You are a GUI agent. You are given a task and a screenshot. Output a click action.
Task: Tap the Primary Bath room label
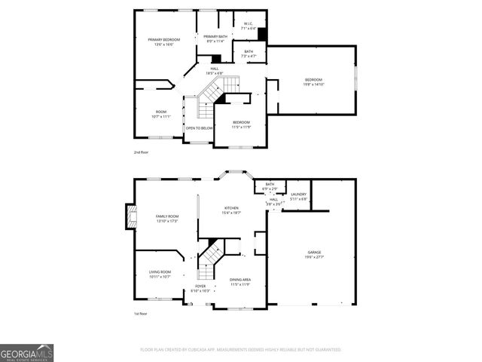(215, 38)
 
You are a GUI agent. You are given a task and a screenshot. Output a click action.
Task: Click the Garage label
(314, 254)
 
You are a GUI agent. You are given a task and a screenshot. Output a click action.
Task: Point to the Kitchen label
(231, 210)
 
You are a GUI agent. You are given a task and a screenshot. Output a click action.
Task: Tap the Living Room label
(160, 274)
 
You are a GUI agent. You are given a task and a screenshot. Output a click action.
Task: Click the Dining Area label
(240, 281)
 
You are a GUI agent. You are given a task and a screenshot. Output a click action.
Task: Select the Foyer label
(200, 288)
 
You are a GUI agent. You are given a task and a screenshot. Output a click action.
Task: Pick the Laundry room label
(299, 197)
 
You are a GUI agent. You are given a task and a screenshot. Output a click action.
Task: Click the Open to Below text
(200, 128)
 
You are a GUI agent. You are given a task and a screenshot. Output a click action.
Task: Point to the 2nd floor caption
(141, 152)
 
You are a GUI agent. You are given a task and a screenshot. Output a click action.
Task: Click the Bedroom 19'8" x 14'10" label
(314, 81)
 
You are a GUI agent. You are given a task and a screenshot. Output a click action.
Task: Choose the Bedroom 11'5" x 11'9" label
(241, 124)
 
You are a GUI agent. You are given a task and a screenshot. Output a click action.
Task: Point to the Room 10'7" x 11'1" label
(160, 115)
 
